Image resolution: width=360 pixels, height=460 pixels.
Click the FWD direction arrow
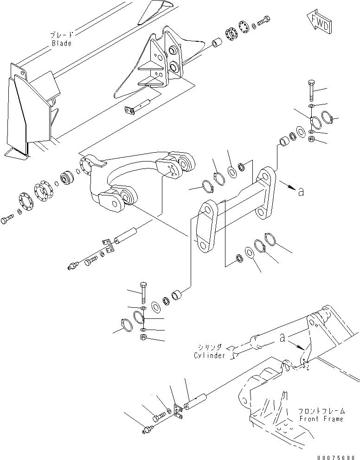click(x=318, y=23)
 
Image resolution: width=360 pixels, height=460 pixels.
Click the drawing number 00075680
click(x=336, y=454)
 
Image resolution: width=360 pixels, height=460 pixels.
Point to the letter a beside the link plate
click(x=301, y=191)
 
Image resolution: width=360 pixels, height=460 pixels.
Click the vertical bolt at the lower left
click(x=144, y=293)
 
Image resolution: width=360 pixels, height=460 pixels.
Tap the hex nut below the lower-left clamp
click(x=144, y=337)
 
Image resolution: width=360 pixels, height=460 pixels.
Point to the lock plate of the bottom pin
click(x=178, y=411)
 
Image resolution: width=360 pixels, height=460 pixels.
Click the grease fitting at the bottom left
click(x=146, y=431)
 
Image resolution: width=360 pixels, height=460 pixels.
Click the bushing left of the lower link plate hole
click(x=179, y=295)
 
